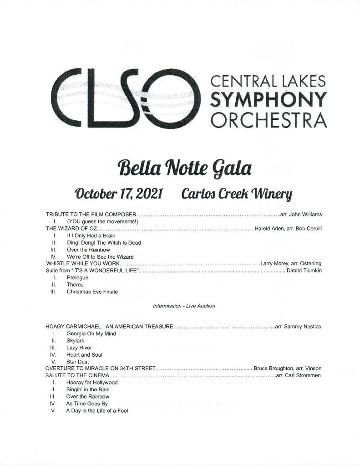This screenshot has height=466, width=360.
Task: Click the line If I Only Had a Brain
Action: point(91,236)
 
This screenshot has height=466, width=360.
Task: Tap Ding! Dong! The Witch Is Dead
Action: point(104,243)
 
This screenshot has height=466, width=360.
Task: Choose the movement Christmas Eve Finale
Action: point(92,292)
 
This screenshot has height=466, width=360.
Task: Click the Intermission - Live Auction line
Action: point(184,306)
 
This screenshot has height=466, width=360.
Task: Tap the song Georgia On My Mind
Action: point(91,334)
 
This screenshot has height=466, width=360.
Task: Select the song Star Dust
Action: point(78,362)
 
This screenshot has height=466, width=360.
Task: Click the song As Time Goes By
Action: point(87,404)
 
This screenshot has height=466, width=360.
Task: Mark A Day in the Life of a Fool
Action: point(97,411)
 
